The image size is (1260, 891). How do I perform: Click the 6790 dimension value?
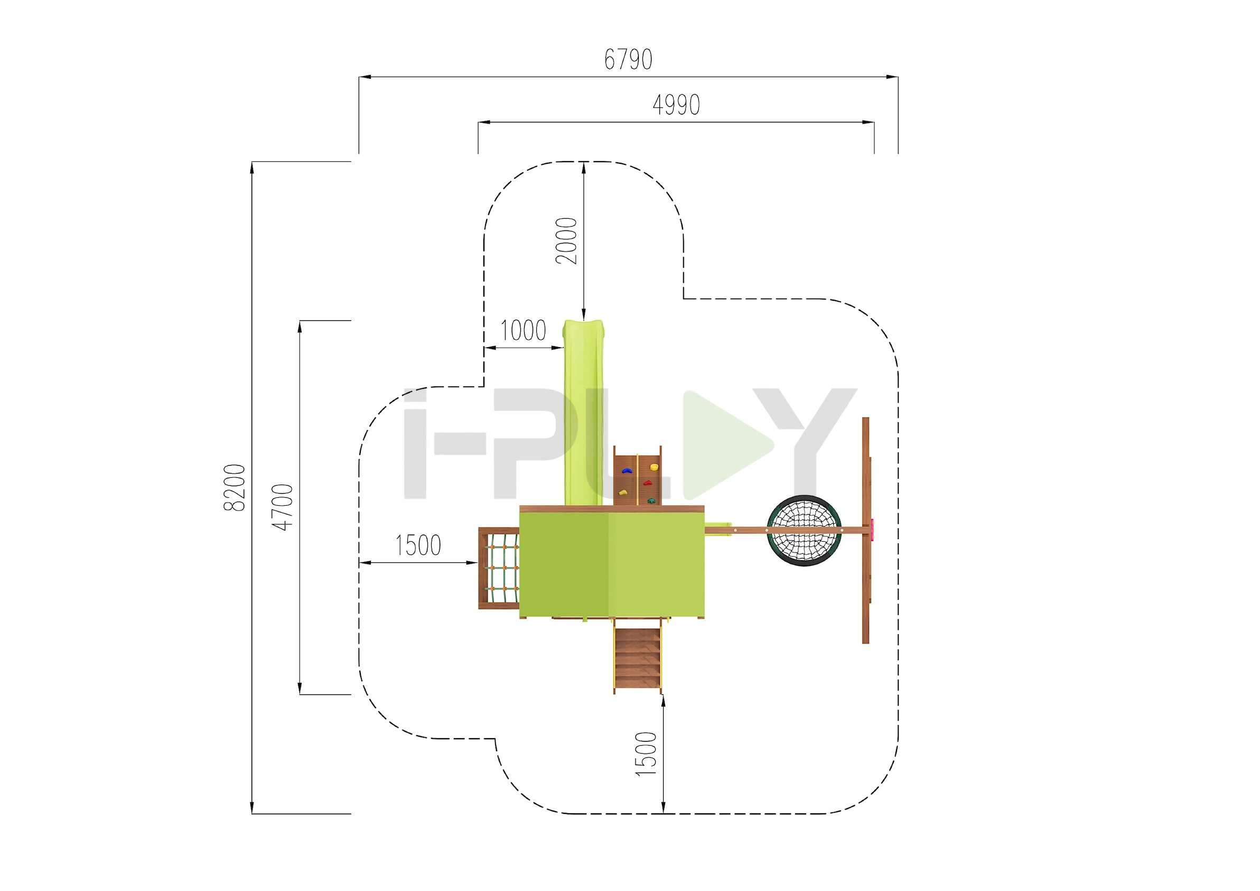click(628, 59)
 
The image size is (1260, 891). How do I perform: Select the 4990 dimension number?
click(676, 105)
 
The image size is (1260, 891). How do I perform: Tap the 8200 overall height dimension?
click(235, 487)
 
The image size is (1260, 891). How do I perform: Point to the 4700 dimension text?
click(283, 507)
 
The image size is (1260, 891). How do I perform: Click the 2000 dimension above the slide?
click(566, 241)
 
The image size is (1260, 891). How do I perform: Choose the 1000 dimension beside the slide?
click(523, 330)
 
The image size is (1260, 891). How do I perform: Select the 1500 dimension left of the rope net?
click(418, 545)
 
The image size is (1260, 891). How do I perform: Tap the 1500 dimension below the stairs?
click(646, 754)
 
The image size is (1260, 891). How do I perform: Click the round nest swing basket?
click(804, 530)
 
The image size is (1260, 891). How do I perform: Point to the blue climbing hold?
click(626, 471)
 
